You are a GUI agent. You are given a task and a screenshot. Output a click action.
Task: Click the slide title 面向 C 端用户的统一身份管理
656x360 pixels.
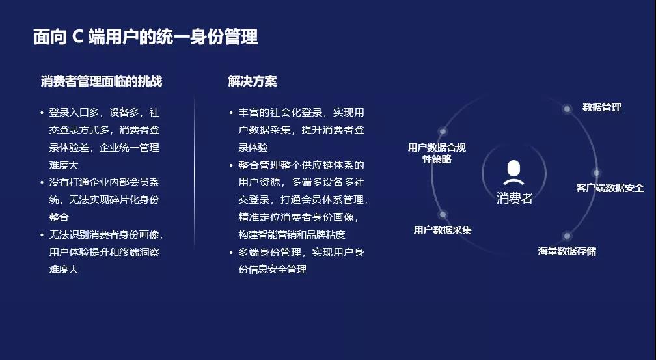click(145, 37)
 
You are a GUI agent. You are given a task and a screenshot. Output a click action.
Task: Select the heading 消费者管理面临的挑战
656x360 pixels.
click(102, 81)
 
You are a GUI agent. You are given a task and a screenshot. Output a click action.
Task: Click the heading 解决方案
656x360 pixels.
click(253, 81)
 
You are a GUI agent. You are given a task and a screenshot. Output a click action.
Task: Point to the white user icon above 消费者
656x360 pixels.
click(513, 173)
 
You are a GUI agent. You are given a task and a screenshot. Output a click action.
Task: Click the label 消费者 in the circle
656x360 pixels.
click(514, 198)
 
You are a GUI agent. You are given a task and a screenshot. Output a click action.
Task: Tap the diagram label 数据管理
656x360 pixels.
click(601, 107)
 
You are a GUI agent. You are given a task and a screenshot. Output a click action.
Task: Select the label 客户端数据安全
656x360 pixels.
click(610, 188)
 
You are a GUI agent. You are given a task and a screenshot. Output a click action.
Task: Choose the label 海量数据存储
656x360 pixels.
click(567, 251)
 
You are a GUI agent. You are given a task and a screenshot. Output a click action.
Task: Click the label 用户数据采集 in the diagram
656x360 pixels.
click(443, 230)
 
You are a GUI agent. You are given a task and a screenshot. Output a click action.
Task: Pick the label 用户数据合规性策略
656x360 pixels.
click(437, 153)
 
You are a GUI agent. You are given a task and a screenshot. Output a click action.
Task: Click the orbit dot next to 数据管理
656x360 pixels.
click(567, 109)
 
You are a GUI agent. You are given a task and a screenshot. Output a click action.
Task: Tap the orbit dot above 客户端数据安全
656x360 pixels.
click(596, 173)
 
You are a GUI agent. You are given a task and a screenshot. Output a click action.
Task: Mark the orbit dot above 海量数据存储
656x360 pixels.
click(567, 236)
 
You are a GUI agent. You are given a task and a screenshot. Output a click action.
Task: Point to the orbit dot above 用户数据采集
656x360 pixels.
click(443, 215)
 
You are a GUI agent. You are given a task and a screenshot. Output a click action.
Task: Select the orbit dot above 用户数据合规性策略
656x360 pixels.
click(443, 132)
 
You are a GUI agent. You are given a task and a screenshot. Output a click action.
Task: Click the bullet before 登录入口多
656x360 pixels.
click(42, 113)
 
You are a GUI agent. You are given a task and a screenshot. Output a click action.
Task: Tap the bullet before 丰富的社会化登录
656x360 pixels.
click(231, 113)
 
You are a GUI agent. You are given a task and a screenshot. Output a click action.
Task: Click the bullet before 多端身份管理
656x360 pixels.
click(231, 253)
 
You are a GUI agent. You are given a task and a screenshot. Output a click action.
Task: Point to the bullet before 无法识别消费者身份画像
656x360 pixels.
click(42, 235)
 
